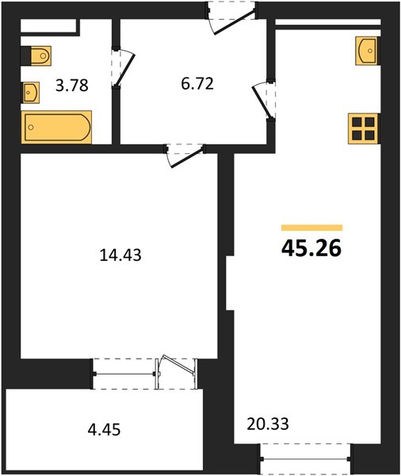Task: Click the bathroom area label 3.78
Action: coord(72,86)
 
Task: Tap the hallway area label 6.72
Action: coord(197,84)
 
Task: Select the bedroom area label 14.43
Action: coord(120,255)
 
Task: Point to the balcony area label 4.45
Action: coord(104,429)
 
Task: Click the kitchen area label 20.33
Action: coord(268,424)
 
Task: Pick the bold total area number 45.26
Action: coord(311,248)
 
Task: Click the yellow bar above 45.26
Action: coord(311,228)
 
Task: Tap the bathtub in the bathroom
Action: coord(57,127)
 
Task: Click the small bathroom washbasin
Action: coord(30,92)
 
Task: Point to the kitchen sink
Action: coord(368,51)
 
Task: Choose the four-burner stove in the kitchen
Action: coord(364,129)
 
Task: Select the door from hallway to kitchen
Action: coord(263,100)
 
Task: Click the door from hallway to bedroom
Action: coord(185,155)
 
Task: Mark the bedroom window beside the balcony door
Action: coord(124,374)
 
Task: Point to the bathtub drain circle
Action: coord(31,127)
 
